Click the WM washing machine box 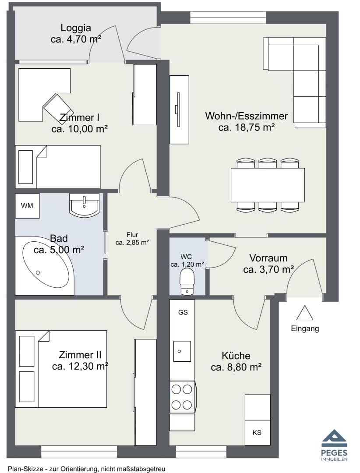(x=27, y=206)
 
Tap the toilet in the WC (x=187, y=282)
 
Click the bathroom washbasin (x=84, y=205)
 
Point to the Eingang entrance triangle (x=304, y=313)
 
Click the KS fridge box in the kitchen (x=257, y=433)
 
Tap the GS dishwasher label (x=183, y=312)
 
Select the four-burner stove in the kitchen (x=182, y=397)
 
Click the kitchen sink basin (x=182, y=351)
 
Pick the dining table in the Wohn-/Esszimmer (x=268, y=185)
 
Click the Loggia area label (x=76, y=33)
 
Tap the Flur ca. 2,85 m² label (x=132, y=239)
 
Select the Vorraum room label (x=268, y=258)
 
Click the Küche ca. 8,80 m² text (x=236, y=361)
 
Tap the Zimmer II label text (x=80, y=354)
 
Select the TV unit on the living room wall (x=179, y=109)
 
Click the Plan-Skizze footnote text (x=87, y=469)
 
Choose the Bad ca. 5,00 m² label (x=59, y=244)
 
